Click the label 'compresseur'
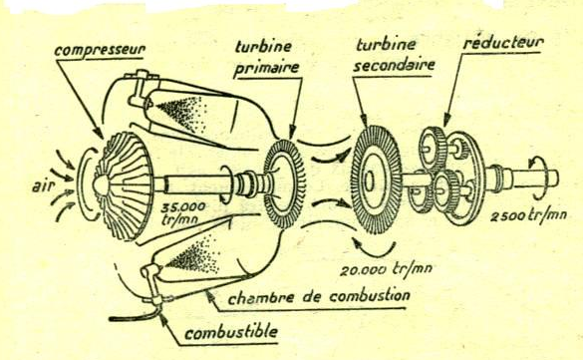click(100, 50)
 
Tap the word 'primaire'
click(267, 68)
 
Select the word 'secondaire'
click(395, 65)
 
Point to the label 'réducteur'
click(503, 43)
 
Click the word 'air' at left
click(41, 185)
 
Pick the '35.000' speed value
click(183, 207)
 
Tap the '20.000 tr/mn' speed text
click(386, 268)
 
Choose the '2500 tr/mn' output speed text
click(529, 215)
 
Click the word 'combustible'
click(231, 332)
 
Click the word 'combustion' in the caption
click(370, 296)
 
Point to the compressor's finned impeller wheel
click(123, 185)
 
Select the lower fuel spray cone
click(192, 256)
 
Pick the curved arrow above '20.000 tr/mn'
click(374, 250)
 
